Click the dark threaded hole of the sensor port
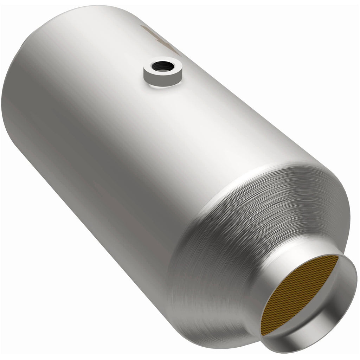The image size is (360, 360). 162,66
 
